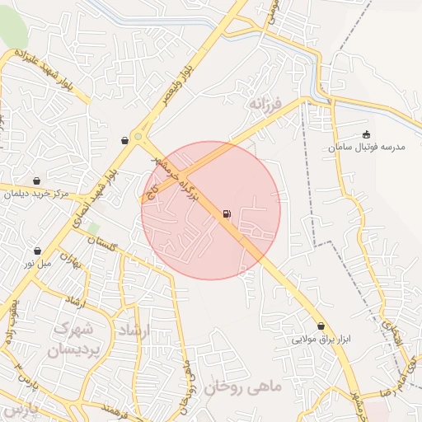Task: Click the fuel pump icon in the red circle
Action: point(226,214)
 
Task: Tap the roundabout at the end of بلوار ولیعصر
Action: point(138,138)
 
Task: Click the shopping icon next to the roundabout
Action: point(124,140)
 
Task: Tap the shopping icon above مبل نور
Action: point(37,251)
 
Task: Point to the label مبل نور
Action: point(38,264)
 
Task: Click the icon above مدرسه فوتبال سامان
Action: point(366,135)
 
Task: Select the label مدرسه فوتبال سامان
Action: point(366,148)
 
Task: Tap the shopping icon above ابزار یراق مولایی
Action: point(321,326)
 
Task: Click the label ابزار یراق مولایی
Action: point(321,339)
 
